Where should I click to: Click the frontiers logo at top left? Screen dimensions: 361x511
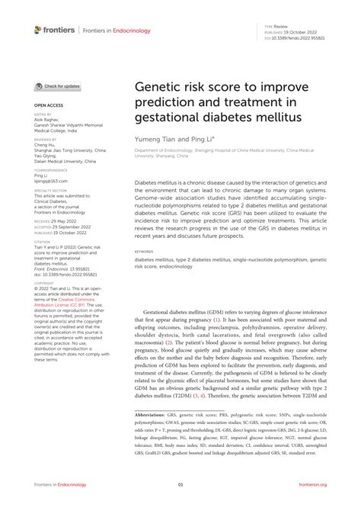(55, 30)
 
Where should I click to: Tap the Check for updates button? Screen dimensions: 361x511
(58, 86)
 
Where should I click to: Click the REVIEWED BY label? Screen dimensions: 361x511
(45, 140)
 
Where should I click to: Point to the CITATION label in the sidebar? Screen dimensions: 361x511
(42, 242)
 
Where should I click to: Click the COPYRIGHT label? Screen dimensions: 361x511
(43, 282)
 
